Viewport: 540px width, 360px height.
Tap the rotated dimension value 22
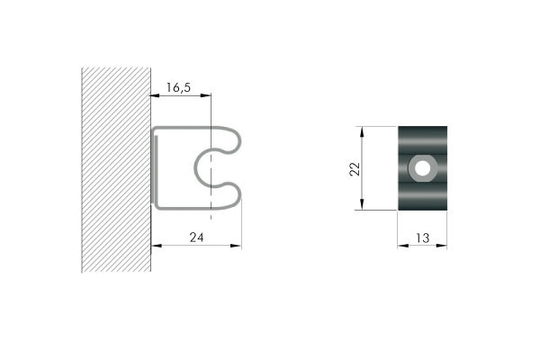point(354,168)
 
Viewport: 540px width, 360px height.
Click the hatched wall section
point(115,171)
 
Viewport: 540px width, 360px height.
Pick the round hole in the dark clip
point(421,167)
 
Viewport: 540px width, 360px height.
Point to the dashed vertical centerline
point(211,126)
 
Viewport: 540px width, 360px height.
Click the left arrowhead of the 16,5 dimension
point(155,94)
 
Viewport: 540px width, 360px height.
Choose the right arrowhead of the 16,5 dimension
point(207,94)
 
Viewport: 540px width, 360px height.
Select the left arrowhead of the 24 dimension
point(155,245)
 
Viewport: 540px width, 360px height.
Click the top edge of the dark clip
point(422,127)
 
